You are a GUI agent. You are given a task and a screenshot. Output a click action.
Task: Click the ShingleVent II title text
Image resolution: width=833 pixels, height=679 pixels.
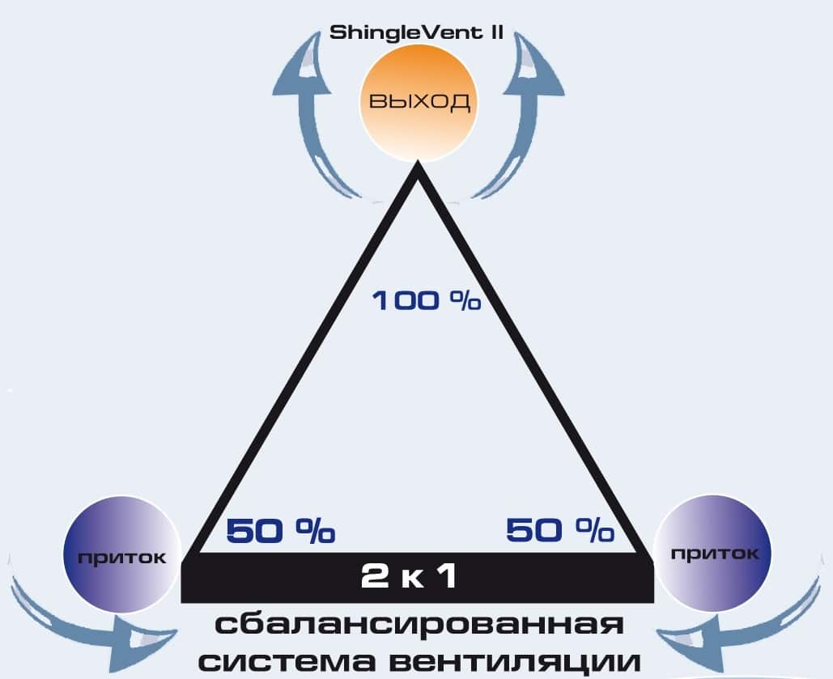click(416, 33)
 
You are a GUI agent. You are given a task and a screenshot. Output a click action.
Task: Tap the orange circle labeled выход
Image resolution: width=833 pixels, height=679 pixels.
click(417, 101)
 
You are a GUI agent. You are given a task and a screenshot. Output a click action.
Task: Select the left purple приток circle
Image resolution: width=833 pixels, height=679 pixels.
click(122, 554)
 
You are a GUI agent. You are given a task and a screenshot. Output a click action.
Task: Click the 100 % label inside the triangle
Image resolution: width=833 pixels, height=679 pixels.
click(427, 301)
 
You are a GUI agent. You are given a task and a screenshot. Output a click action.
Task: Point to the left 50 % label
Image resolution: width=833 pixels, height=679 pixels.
click(280, 531)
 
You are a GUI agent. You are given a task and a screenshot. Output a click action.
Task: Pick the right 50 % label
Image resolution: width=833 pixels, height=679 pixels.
click(560, 530)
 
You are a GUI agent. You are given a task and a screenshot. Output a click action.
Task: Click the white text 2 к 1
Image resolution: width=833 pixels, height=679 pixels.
click(408, 576)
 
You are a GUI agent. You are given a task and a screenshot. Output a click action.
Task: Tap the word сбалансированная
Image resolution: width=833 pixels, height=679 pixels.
click(419, 625)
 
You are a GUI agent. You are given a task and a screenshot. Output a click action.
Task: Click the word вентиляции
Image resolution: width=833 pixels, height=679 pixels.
click(515, 662)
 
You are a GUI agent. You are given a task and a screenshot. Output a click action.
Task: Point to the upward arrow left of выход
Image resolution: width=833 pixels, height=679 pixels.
click(310, 114)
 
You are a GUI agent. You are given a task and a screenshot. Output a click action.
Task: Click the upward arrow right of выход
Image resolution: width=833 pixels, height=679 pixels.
click(523, 114)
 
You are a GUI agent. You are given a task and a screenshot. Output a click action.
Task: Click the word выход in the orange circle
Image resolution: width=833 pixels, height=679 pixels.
click(419, 100)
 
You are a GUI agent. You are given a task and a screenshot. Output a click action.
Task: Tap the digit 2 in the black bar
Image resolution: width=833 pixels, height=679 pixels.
click(375, 576)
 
